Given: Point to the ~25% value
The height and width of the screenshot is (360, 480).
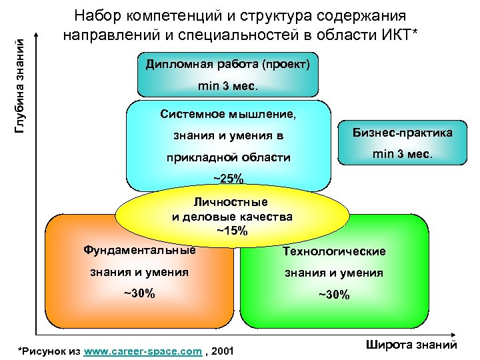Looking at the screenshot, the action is tap(228, 178).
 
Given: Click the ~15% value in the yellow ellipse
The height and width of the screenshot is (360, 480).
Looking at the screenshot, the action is tap(232, 231).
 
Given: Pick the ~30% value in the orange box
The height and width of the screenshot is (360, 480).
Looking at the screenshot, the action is tap(139, 293).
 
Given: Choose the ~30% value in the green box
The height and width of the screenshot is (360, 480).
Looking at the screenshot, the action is tap(333, 295).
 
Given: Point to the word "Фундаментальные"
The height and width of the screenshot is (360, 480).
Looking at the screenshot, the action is tap(139, 250).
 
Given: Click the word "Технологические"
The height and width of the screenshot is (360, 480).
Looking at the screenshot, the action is tap(334, 251).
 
